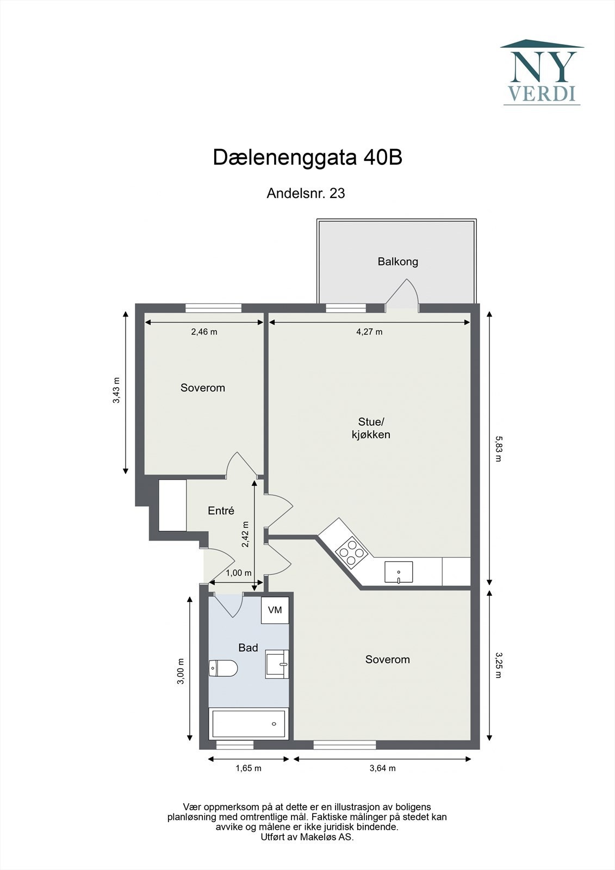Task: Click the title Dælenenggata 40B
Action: (307, 158)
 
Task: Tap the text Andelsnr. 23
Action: (306, 193)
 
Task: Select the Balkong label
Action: (398, 262)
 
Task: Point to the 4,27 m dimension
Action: (369, 332)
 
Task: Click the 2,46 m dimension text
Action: (204, 332)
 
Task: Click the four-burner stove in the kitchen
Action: (350, 550)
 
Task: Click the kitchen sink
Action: (399, 572)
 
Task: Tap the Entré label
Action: (221, 511)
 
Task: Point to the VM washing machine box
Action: (275, 610)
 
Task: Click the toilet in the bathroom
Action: (223, 668)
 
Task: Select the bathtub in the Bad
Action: (249, 724)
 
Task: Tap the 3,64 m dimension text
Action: (382, 768)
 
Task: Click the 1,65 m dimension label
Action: (249, 768)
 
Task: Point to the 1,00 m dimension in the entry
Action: (239, 573)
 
